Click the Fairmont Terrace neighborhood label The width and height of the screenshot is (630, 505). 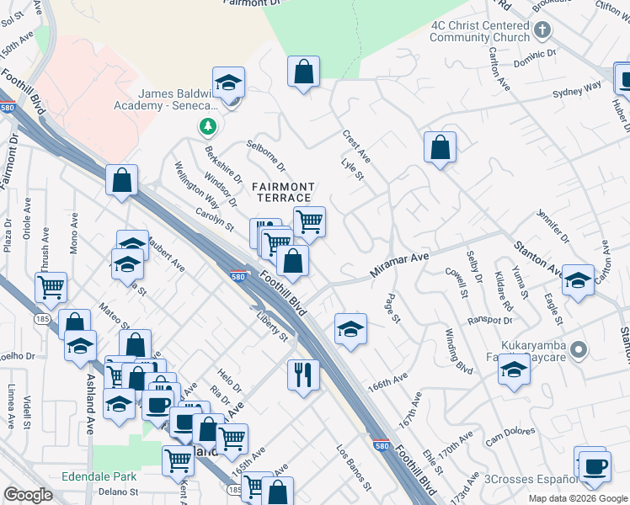click(x=281, y=192)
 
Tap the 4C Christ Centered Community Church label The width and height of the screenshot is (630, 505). click(x=480, y=31)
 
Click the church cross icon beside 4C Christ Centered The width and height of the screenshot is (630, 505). click(x=542, y=31)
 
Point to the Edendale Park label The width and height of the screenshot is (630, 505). click(x=99, y=476)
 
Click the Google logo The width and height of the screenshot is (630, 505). click(x=28, y=495)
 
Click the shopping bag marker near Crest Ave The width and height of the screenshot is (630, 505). click(x=440, y=147)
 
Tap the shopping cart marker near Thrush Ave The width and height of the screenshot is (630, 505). click(x=51, y=287)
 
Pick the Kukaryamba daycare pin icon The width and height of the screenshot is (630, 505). click(x=578, y=348)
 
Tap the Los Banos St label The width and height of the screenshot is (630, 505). click(x=354, y=468)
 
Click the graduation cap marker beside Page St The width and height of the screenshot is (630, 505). click(x=351, y=328)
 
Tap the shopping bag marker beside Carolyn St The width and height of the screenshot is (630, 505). click(x=122, y=180)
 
